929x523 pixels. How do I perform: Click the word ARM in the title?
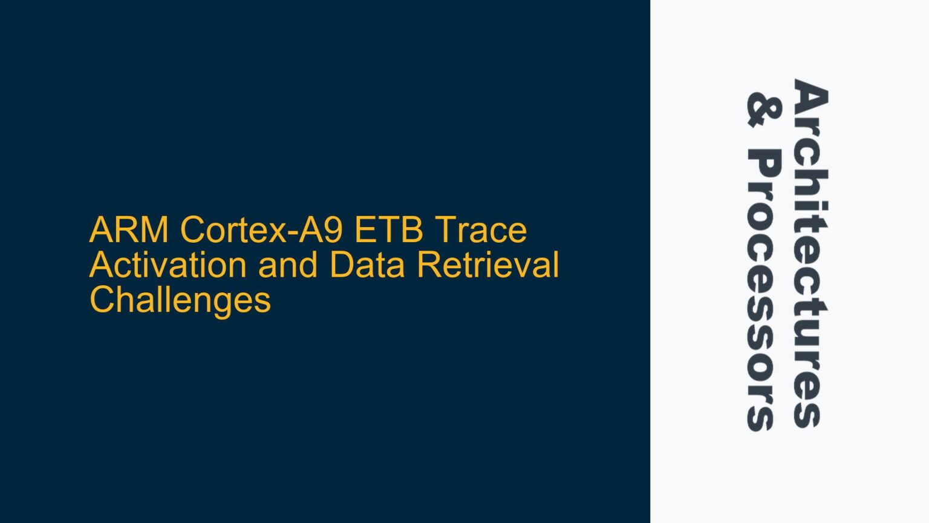coord(129,230)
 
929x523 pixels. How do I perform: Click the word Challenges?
coord(180,300)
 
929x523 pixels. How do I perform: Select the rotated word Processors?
coord(764,291)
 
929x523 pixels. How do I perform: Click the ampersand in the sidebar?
coord(764,110)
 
